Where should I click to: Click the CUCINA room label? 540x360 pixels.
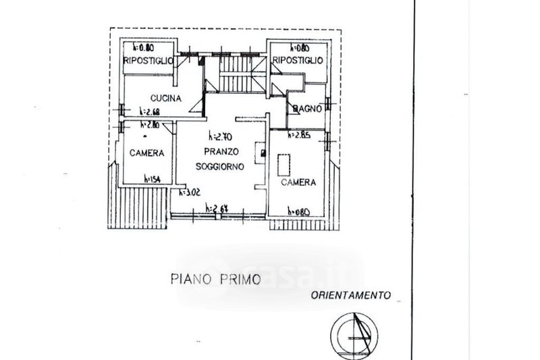coord(165,99)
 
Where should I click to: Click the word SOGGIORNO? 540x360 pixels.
coord(219,166)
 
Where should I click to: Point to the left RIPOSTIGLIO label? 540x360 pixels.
coord(148,61)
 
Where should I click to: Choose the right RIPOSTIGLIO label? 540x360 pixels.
coord(298,61)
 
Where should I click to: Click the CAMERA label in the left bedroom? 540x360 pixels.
coord(146,153)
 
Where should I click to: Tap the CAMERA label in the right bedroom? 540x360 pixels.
coord(299,182)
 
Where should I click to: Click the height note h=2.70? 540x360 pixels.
coord(221,135)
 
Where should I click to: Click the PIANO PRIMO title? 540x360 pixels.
coord(215,278)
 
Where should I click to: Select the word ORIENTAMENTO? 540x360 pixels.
coord(351,295)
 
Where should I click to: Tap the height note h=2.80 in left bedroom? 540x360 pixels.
coord(149,125)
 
